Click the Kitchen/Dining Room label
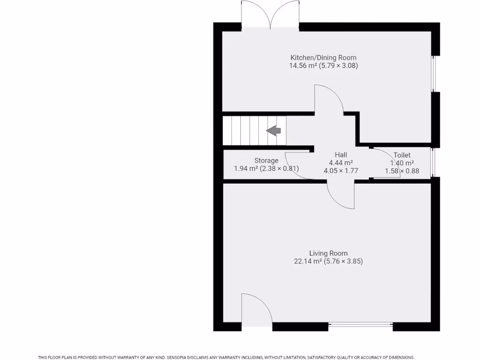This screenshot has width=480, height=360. point(323,58)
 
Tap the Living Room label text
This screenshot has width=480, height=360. point(328,253)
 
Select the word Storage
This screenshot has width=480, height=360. point(266,160)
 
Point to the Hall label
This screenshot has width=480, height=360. point(341,155)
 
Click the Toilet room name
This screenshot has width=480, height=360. point(402,155)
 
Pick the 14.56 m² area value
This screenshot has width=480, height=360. point(302,66)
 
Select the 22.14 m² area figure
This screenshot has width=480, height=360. point(307,262)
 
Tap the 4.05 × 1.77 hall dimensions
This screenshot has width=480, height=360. point(341,171)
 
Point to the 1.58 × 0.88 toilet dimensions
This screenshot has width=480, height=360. point(402,171)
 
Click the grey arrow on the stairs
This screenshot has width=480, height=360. point(273,131)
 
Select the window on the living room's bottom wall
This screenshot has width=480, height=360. point(360,324)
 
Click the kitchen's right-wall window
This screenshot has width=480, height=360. point(434,74)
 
